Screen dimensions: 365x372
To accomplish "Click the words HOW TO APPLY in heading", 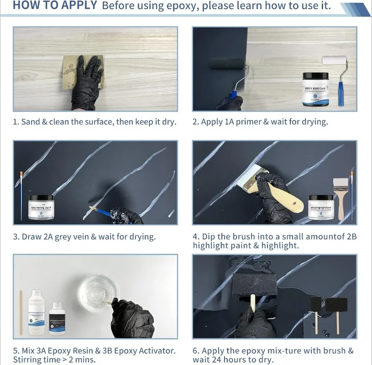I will (54, 6).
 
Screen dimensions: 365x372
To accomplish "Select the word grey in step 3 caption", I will (65, 237).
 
